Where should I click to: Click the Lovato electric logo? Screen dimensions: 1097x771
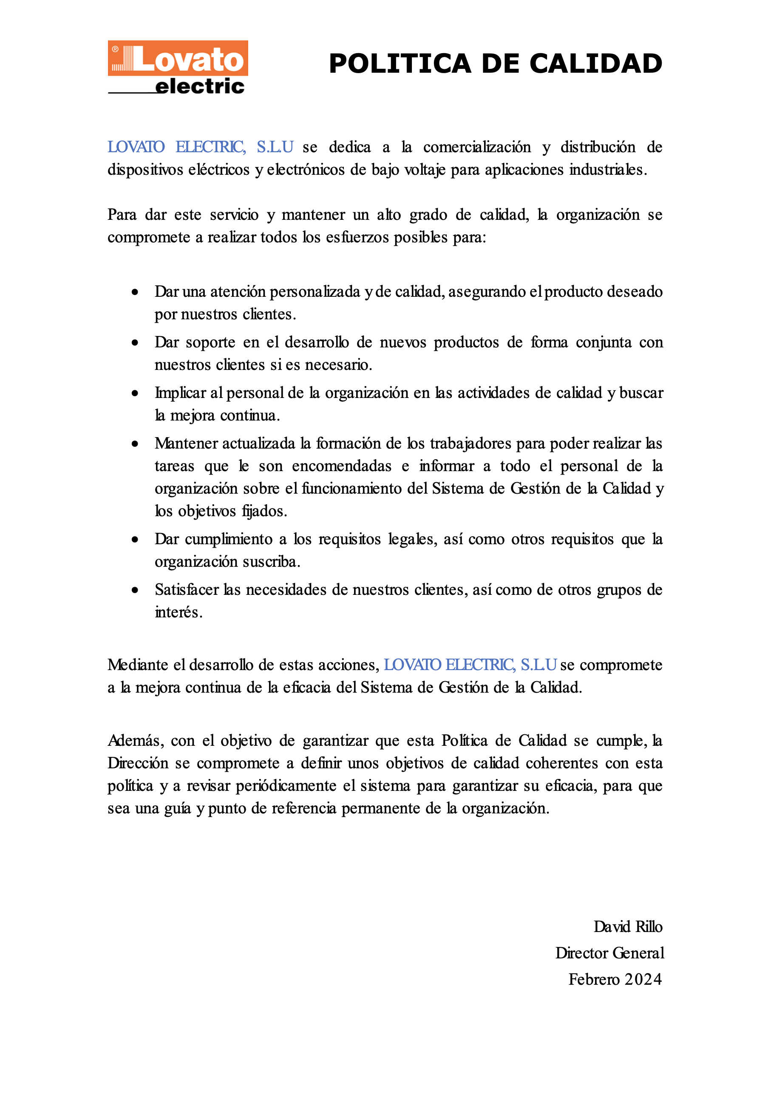tap(177, 67)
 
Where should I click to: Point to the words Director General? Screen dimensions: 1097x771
tap(609, 953)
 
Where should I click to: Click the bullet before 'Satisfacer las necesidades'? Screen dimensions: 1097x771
tap(135, 590)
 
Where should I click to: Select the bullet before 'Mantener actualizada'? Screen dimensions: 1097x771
tap(135, 444)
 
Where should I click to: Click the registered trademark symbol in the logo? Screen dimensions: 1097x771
tap(115, 49)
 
